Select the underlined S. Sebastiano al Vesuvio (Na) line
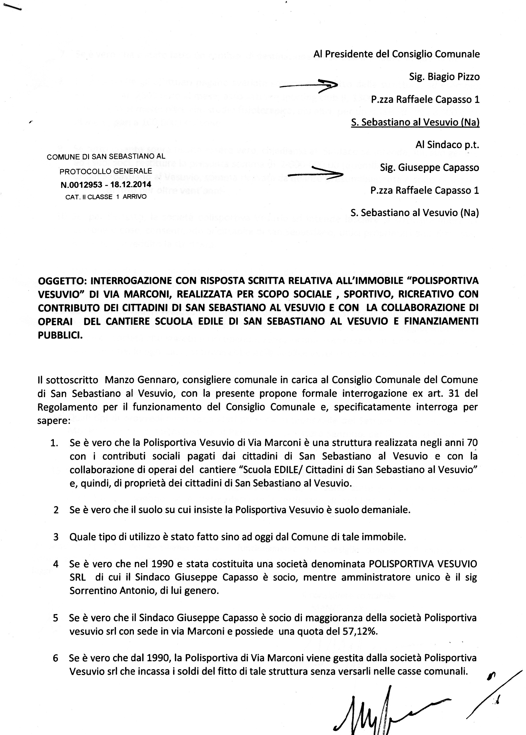(x=415, y=122)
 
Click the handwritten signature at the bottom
(x=389, y=709)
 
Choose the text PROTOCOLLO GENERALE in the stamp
(x=106, y=171)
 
